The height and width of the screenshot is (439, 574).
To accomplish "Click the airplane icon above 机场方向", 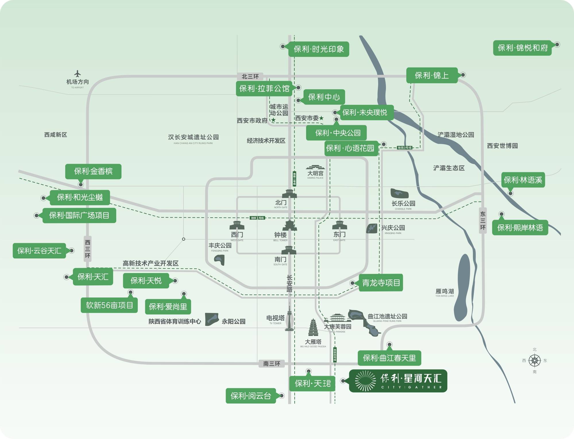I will coord(77,74).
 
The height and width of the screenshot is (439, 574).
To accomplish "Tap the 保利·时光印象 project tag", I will coord(319,49).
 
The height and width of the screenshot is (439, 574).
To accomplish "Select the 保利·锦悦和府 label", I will coord(522,48).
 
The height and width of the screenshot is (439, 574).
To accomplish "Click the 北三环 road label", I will coord(250,76).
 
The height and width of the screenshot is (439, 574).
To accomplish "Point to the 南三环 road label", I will coord(272,364).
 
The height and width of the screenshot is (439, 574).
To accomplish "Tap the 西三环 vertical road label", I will coord(88,249).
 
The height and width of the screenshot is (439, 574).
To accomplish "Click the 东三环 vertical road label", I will coord(483,221).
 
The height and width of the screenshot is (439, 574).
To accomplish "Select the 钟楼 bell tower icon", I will coord(289,226).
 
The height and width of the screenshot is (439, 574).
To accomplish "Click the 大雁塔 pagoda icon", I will coord(313,327).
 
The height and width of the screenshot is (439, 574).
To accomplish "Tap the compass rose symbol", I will coord(534,360).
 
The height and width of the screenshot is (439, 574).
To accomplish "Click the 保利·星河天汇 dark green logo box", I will coord(398,381).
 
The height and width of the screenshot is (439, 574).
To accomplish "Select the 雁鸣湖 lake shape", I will coord(463,287).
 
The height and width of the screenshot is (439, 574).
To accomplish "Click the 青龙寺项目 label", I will coord(381,283).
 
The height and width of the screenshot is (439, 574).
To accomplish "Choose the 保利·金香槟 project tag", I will coord(93,171).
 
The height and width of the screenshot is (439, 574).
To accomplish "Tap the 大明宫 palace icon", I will coord(315,167).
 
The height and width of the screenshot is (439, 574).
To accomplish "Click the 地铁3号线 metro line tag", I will coord(405,148).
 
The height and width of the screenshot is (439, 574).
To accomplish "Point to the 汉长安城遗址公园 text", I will coord(193,137).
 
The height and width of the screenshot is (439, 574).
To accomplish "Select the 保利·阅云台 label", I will coord(251,396).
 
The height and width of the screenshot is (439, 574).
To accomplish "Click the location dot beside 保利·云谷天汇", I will coord(72,251).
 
